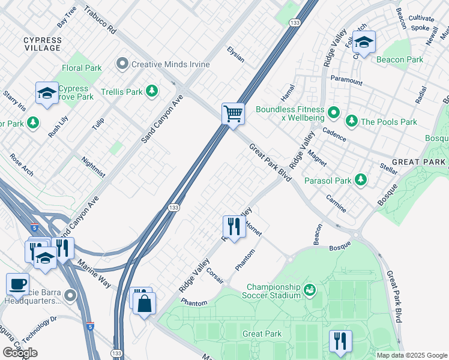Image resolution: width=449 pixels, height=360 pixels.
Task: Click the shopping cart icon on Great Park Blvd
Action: click(233, 112)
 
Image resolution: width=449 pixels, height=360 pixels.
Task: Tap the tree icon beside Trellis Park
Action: click(152, 91)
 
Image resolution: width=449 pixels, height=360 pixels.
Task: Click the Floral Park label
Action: click(82, 68)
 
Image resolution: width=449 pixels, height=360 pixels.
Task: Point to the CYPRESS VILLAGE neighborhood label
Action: click(42, 44)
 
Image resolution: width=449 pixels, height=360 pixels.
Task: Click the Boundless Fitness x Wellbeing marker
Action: click(334, 112)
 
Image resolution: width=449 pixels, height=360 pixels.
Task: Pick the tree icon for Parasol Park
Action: click(361, 180)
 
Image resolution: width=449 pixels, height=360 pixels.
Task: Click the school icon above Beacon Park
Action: click(363, 42)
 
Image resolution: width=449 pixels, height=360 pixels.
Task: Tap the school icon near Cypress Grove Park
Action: click(47, 93)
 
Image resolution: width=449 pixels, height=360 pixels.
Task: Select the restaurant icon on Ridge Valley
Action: click(233, 226)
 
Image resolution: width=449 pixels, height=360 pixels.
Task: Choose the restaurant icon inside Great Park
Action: click(340, 340)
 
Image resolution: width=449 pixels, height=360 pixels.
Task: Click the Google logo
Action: click(20, 353)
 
